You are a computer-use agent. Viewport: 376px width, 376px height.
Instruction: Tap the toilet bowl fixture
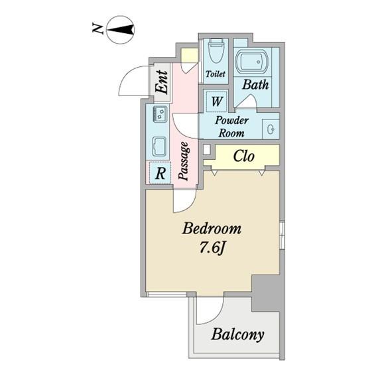[x=216, y=51]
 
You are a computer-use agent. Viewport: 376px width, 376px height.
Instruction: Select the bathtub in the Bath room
[x=252, y=62]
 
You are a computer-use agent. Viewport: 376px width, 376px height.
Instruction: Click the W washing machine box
[x=217, y=101]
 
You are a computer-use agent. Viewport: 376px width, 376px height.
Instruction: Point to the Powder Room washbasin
[x=271, y=129]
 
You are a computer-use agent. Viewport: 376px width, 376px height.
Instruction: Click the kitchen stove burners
[x=160, y=114]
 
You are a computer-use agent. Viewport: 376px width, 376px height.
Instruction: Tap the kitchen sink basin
[x=160, y=147]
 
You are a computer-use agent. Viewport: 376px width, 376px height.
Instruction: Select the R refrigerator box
[x=160, y=173]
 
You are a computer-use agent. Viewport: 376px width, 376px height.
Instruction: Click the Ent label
[x=161, y=82]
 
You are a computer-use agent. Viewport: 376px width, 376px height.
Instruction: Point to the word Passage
[x=184, y=160]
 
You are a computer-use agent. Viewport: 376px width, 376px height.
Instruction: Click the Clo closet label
[x=244, y=156]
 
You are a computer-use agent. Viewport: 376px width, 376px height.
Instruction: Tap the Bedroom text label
[x=212, y=229]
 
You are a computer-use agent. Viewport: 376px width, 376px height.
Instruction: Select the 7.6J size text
[x=212, y=249]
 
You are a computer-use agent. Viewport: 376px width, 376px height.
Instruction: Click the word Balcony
[x=237, y=334]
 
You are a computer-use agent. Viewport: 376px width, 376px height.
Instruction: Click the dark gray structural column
[x=266, y=293]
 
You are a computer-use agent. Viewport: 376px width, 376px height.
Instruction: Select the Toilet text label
[x=216, y=74]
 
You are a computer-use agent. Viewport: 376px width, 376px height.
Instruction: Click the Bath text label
[x=255, y=84]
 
